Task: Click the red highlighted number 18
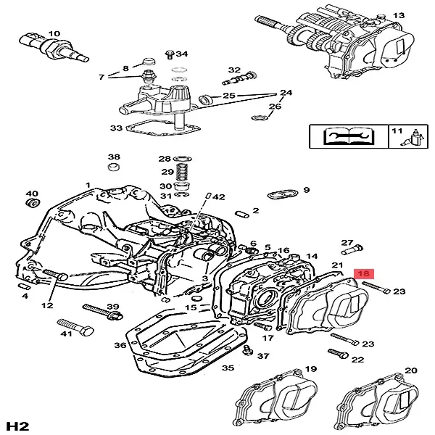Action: [x=364, y=274]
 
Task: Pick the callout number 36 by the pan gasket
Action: [x=120, y=346]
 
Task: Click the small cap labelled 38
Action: [x=113, y=169]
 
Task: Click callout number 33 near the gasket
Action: [x=116, y=128]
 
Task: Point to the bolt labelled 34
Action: [x=169, y=54]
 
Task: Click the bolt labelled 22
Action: [x=337, y=354]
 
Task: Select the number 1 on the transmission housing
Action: [x=88, y=186]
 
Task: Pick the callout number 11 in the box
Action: [x=397, y=130]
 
